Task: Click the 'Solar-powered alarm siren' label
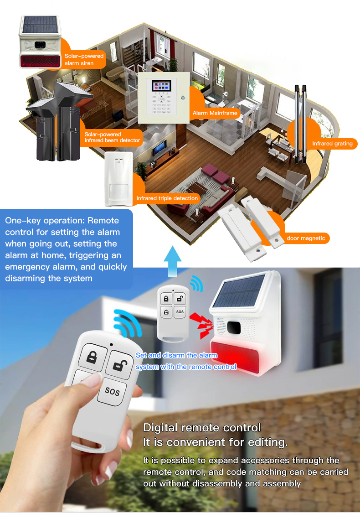(84, 60)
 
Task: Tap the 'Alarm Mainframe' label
(215, 113)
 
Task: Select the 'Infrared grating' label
(332, 143)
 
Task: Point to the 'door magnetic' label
(306, 238)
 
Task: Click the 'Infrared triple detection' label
(167, 198)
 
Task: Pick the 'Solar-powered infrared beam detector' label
(112, 137)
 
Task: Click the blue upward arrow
(172, 261)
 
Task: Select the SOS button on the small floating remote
(180, 312)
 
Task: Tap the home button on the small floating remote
(166, 312)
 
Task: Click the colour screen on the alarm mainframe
(161, 86)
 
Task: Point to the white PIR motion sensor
(118, 179)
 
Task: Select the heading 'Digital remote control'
(202, 428)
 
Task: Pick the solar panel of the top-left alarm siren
(40, 25)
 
